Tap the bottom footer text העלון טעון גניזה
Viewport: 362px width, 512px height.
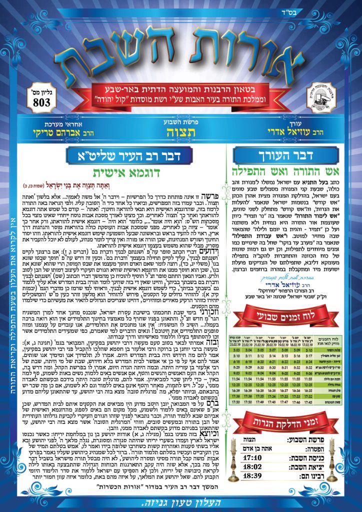(x=181, y=503)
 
